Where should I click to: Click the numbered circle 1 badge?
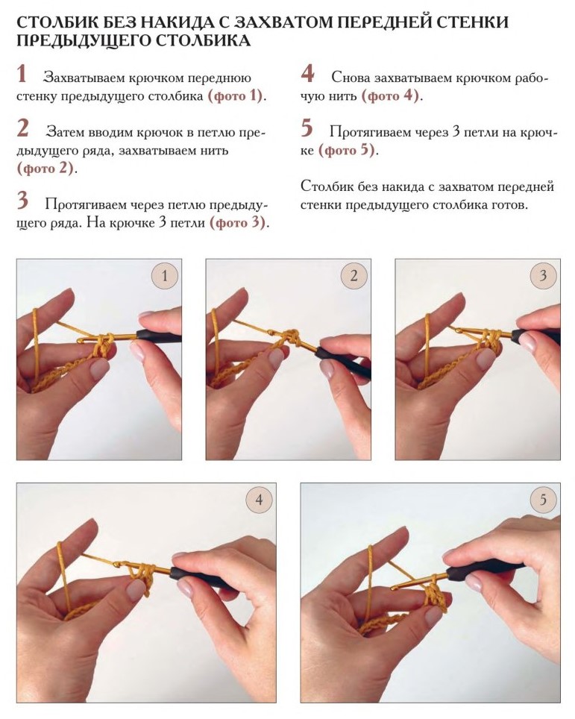tap(165, 275)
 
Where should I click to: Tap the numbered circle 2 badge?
tap(354, 275)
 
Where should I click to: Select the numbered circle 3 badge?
tap(543, 275)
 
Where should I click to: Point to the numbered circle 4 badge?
tap(259, 500)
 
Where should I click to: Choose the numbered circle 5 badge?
tap(543, 500)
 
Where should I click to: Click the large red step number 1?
tap(22, 74)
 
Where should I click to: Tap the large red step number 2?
tap(23, 128)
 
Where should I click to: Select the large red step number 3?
tap(23, 201)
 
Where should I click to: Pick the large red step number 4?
tap(308, 74)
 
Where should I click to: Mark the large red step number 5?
tap(307, 128)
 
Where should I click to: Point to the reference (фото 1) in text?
tap(236, 96)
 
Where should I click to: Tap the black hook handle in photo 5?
tap(486, 568)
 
